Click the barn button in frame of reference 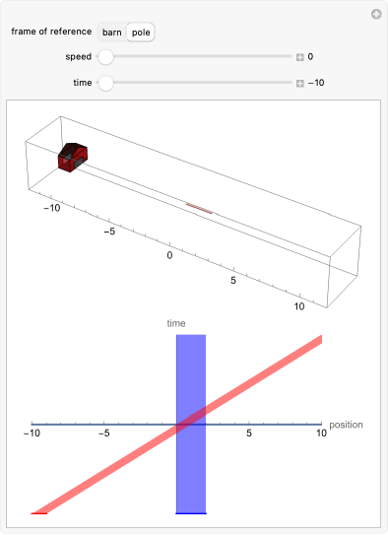112,33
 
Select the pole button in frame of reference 141,33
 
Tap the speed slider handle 105,56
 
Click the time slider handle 105,83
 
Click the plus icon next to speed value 300,57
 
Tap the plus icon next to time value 300,84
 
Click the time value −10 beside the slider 316,83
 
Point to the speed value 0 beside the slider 310,56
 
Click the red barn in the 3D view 73,158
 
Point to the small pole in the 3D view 200,208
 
